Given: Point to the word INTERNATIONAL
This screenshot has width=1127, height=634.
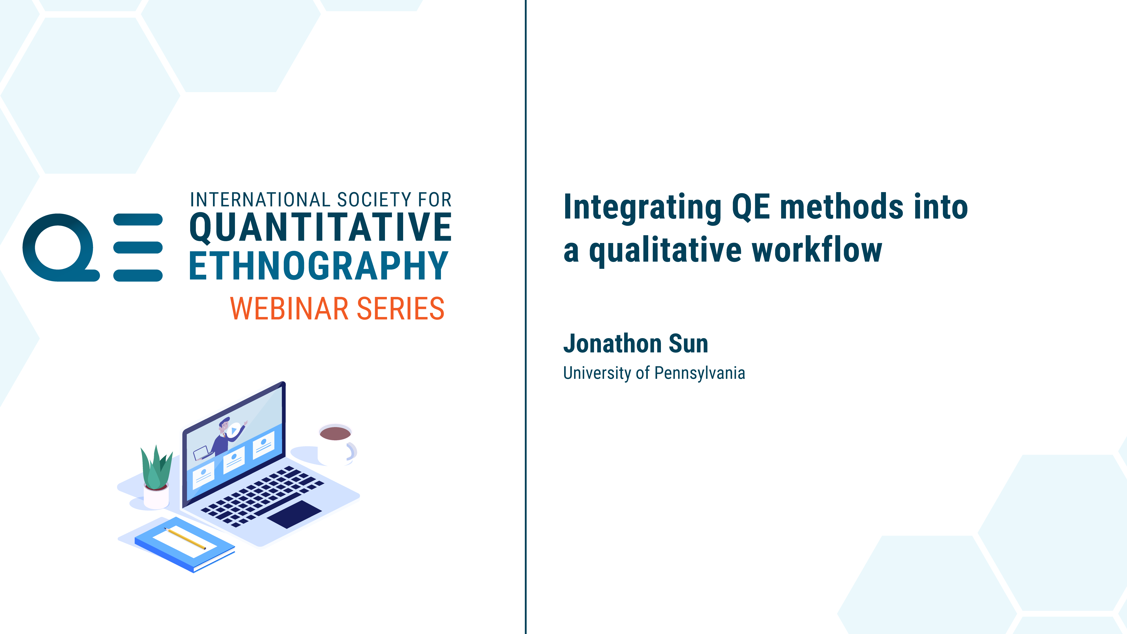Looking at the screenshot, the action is pos(260,200).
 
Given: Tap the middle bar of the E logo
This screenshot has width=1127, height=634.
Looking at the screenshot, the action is pos(138,247).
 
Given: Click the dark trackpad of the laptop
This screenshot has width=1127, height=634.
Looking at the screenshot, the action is pos(294,514).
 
